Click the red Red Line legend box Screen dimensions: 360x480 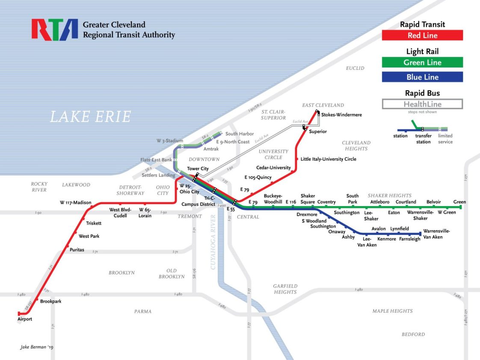tap(422, 35)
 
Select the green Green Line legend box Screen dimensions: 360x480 tap(422, 62)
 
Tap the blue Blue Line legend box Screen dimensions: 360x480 tap(422, 77)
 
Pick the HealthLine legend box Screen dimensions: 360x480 tap(422, 104)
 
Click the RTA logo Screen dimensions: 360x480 tap(54, 30)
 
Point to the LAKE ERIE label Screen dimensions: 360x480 tap(91, 117)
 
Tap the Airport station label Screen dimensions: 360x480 tap(25, 319)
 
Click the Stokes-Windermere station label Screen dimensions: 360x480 tap(341, 115)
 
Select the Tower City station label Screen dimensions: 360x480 tap(198, 169)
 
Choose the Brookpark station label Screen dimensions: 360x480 tap(51, 301)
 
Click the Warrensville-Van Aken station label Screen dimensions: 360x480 tap(437, 234)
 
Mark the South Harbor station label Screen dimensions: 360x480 tap(240, 134)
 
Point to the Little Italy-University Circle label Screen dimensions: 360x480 tap(328, 159)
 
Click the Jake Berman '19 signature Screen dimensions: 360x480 tap(37, 347)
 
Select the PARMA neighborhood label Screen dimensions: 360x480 tap(143, 311)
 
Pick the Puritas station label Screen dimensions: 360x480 tap(77, 249)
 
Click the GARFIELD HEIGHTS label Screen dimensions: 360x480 tap(285, 289)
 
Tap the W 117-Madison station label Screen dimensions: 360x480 tap(76, 202)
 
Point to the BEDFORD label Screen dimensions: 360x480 tap(413, 334)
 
